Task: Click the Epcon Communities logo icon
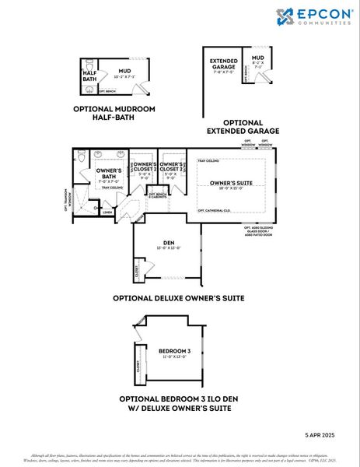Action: tap(285, 16)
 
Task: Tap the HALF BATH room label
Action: tap(89, 75)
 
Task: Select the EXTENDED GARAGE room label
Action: tap(222, 65)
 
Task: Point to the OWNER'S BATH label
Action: tap(108, 173)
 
